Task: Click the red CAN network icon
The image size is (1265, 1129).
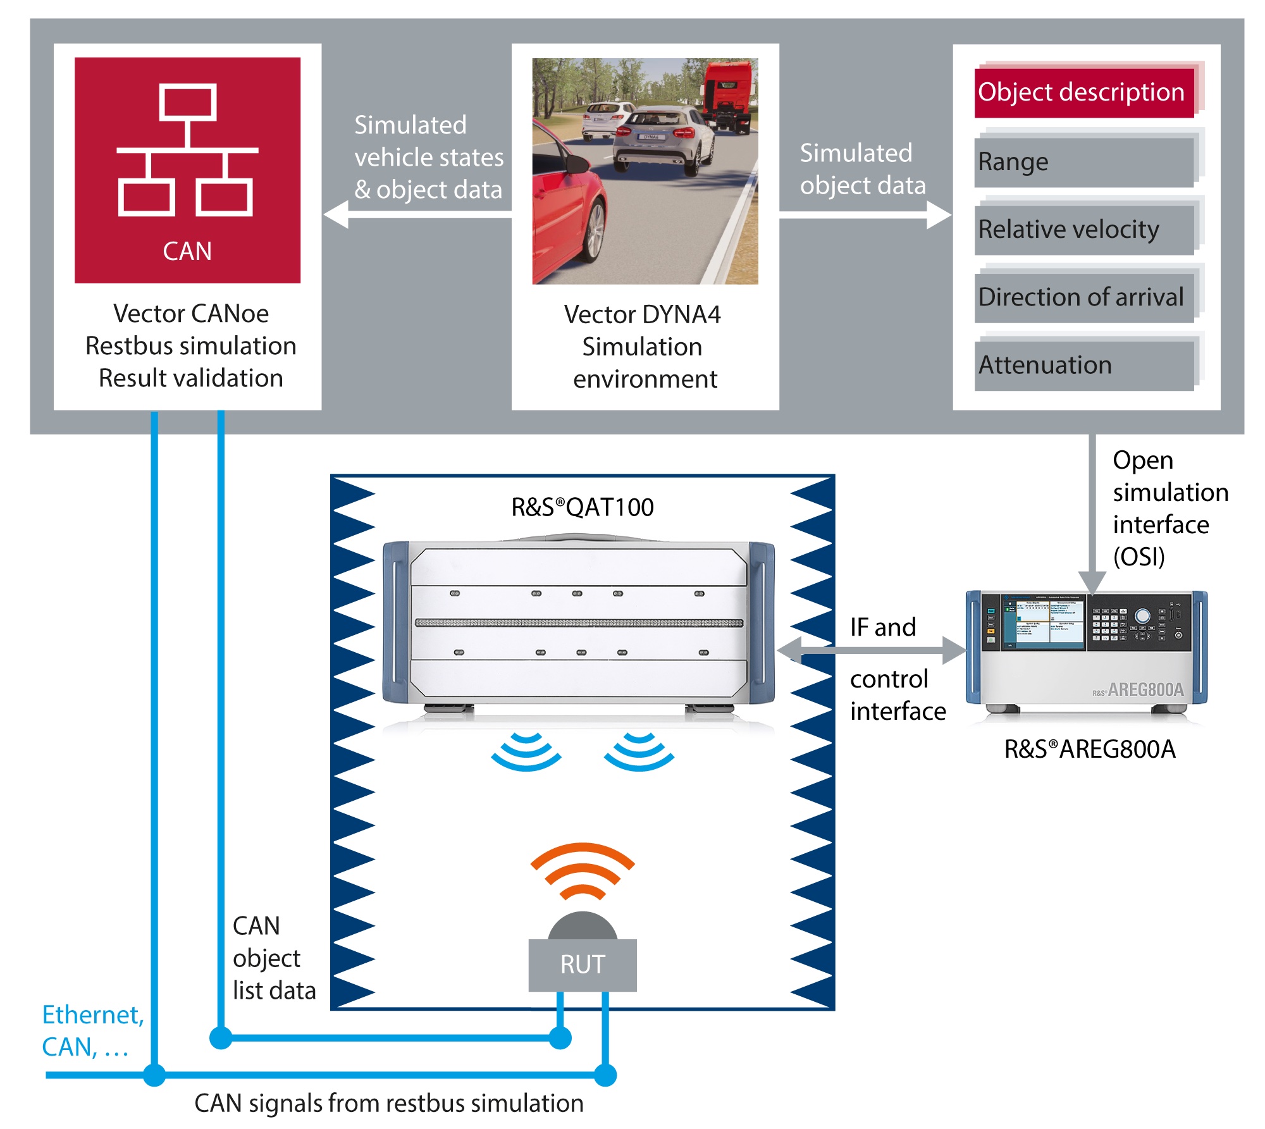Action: [187, 170]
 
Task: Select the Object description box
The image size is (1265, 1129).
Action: [1084, 92]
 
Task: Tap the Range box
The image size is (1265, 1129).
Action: [1084, 162]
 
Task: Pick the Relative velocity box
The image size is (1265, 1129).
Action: [1084, 230]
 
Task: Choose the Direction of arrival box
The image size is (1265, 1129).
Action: [1084, 297]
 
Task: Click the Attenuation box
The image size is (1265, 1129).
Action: [1084, 366]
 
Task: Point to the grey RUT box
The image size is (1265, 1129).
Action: [583, 965]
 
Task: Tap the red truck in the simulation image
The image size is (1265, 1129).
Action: [730, 95]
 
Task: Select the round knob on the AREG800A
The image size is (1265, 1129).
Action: [1142, 616]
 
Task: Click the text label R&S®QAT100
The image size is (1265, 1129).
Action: [583, 507]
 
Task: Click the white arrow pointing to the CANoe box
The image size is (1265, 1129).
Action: [417, 214]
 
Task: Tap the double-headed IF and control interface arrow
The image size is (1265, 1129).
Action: [872, 650]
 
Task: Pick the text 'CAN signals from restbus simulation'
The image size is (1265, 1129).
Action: [389, 1103]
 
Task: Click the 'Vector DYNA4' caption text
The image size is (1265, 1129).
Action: [642, 314]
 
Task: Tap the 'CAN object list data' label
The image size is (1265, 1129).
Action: [274, 958]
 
